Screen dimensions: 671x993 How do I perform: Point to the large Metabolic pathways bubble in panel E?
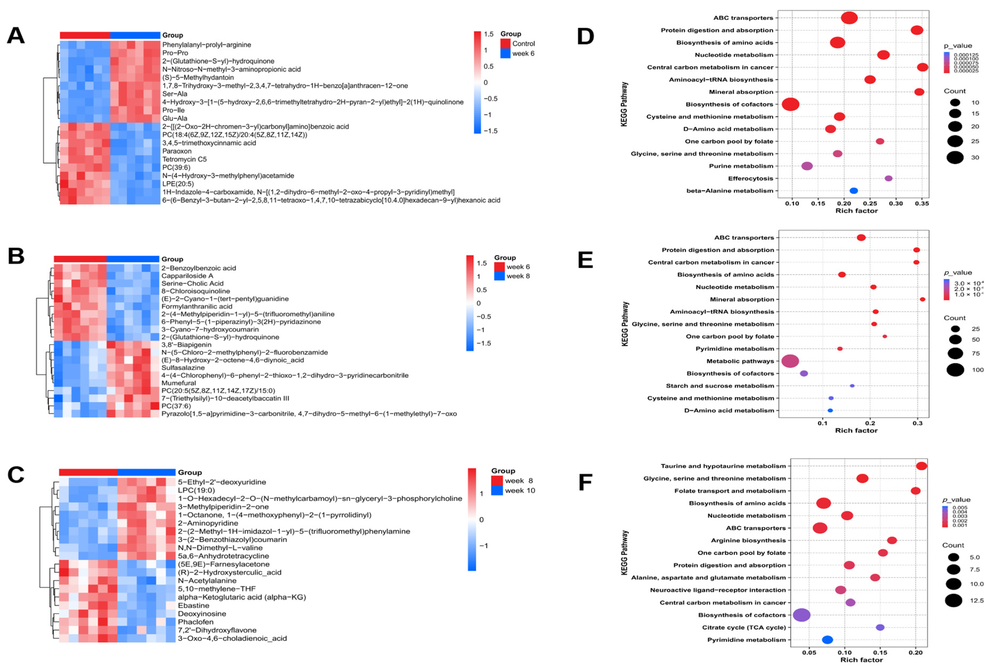coord(790,361)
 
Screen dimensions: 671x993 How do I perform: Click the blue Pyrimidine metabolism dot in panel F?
coord(827,639)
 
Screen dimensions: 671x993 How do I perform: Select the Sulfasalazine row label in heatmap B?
coord(183,368)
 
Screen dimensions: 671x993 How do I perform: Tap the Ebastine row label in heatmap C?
coord(194,605)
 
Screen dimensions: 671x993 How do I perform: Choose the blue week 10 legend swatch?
coord(496,490)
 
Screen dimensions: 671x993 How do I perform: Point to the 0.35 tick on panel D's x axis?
coord(922,204)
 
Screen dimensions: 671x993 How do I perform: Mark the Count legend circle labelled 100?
coord(955,370)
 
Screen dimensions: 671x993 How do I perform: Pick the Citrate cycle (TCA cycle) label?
coord(743,627)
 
